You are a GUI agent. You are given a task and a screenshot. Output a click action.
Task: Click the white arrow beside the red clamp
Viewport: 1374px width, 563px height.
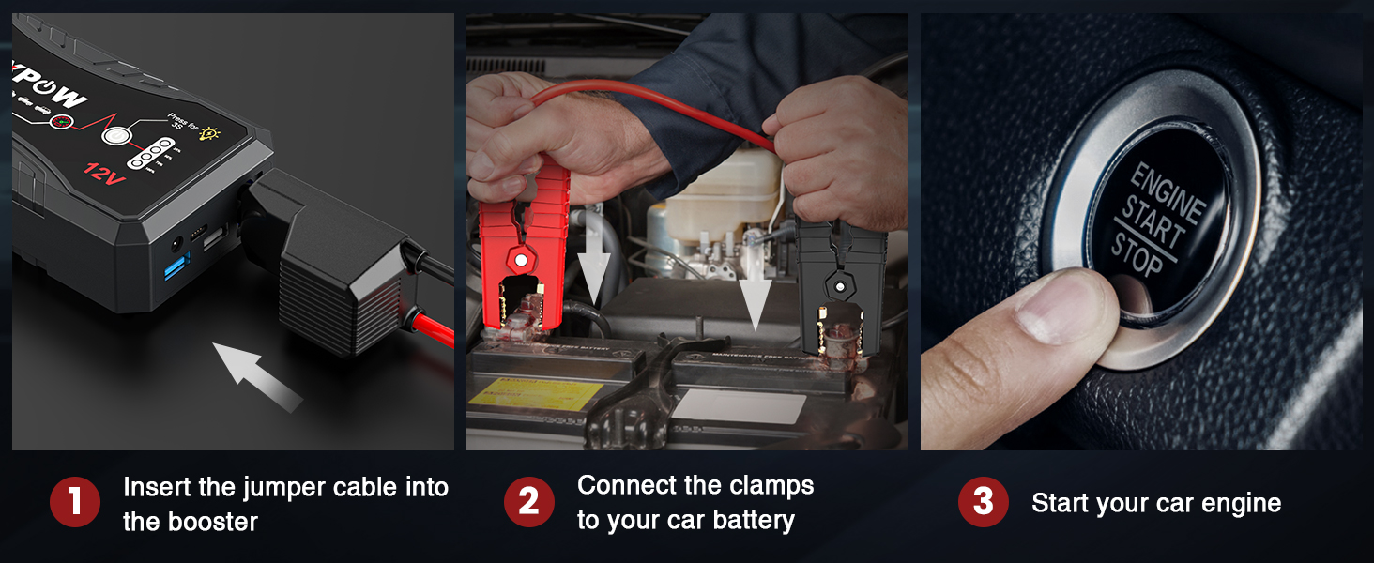pos(594,258)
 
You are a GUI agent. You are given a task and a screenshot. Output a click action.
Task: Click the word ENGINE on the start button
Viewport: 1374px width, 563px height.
pos(1166,192)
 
